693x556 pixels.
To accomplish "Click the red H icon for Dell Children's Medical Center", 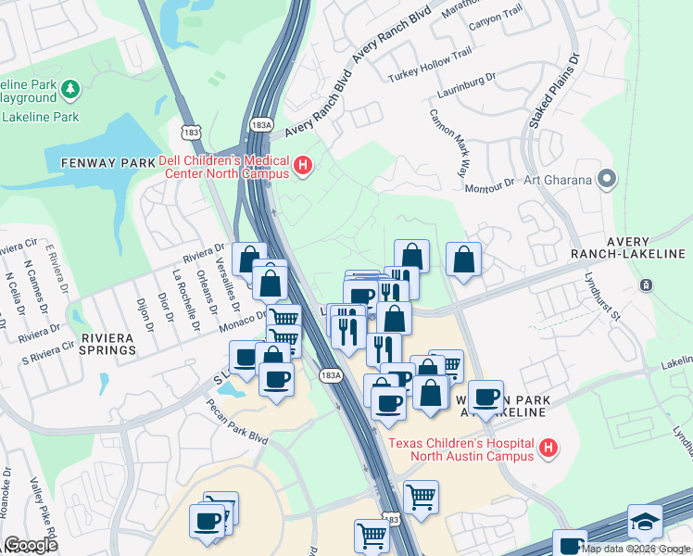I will pyautogui.click(x=302, y=166).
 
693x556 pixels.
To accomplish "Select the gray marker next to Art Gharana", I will pyautogui.click(x=608, y=178).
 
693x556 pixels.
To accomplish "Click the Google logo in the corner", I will pyautogui.click(x=31, y=545).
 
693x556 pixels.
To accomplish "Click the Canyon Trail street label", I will pyautogui.click(x=496, y=19).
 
